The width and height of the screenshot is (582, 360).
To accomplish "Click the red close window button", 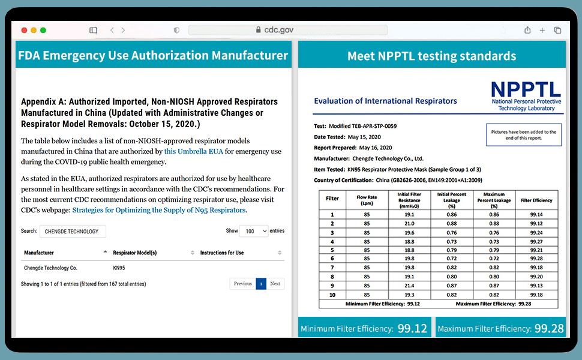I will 24,30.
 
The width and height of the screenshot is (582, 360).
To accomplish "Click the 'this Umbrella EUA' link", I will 193,151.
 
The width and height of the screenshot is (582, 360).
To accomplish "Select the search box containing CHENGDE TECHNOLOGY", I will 72,231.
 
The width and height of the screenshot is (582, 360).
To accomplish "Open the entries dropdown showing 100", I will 253,231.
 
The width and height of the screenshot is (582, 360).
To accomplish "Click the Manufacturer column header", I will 39,253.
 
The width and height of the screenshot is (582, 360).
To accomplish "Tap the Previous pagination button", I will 242,284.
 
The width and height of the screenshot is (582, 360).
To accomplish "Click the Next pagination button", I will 275,284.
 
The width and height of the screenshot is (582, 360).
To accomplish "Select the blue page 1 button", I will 260,284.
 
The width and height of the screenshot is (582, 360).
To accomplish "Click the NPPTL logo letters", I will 526,90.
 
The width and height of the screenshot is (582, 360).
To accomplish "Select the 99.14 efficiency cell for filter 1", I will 536,214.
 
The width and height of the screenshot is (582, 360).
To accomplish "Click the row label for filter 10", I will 332,295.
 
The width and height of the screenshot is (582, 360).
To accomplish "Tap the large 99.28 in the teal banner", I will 549,328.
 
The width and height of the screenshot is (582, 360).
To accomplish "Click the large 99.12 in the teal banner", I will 412,328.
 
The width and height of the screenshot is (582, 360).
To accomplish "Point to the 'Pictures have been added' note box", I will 523,134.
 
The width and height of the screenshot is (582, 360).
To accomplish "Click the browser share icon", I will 527,30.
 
